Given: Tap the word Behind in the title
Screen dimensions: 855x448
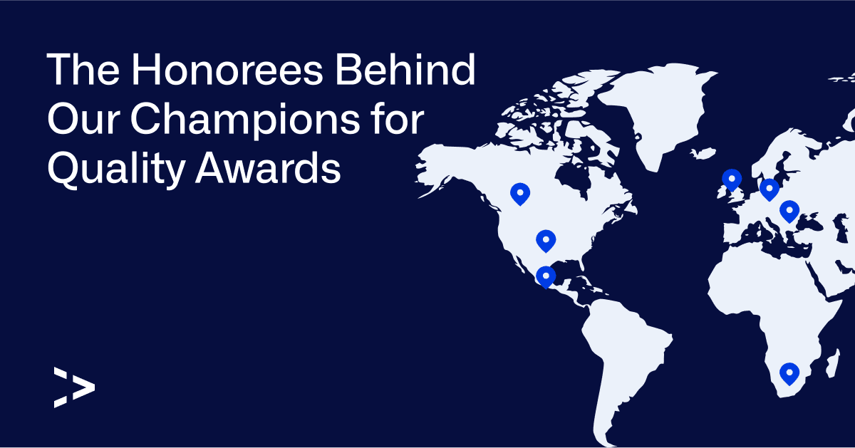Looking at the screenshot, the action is pyautogui.click(x=405, y=69).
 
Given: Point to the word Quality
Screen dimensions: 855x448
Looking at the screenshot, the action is pyautogui.click(x=116, y=169).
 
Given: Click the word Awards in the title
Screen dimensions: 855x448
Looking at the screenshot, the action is pyautogui.click(x=268, y=168).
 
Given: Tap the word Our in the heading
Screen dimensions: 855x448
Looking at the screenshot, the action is pyautogui.click(x=84, y=120).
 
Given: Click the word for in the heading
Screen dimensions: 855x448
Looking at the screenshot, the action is pyautogui.click(x=398, y=118).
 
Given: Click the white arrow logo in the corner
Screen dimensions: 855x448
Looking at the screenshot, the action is pyautogui.click(x=74, y=387).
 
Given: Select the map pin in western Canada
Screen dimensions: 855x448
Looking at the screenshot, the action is pyautogui.click(x=520, y=194).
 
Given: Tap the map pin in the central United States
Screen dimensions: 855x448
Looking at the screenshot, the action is pyautogui.click(x=546, y=241).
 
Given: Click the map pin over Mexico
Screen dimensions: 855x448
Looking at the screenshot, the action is pyautogui.click(x=546, y=276).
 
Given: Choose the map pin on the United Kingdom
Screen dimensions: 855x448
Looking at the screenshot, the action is pyautogui.click(x=732, y=179).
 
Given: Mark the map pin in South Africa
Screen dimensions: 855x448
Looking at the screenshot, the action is pyautogui.click(x=789, y=374).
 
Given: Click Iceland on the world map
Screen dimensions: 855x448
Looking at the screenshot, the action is pyautogui.click(x=703, y=153).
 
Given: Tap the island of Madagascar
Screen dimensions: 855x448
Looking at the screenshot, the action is pyautogui.click(x=833, y=363).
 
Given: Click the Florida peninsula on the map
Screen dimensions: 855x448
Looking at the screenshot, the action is pyautogui.click(x=581, y=264).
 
